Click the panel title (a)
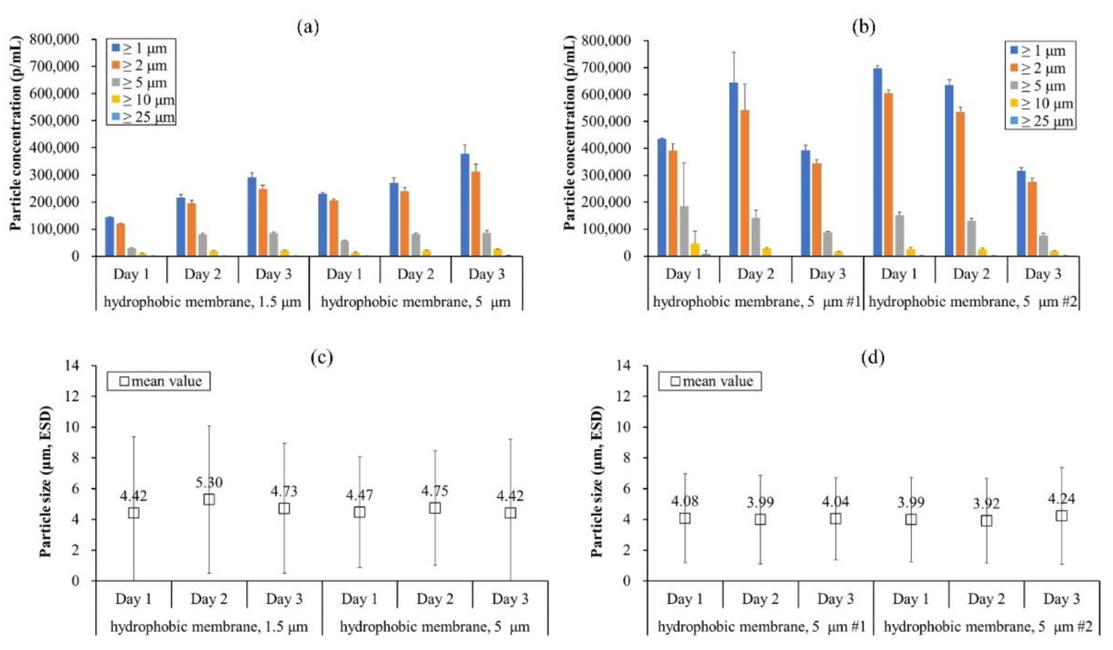[x=308, y=27]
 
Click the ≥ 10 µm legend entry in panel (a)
[x=144, y=100]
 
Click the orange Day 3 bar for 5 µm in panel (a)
[x=476, y=214]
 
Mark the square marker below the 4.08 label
[x=685, y=518]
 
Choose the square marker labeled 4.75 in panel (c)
[x=435, y=508]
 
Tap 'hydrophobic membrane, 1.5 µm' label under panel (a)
[x=202, y=302]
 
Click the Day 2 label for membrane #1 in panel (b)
[x=755, y=274]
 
